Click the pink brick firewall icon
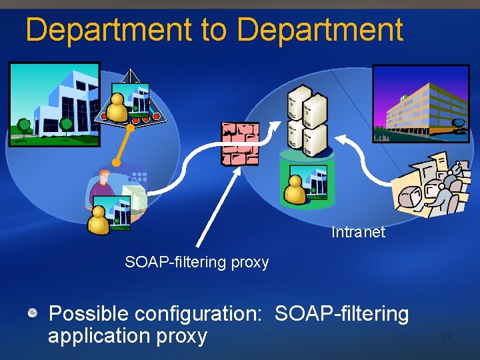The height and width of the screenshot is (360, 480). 240,143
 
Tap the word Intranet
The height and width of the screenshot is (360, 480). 358,232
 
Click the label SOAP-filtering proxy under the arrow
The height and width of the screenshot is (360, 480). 197,262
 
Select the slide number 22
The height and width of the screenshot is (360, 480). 447,337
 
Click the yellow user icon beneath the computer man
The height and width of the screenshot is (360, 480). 99,220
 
